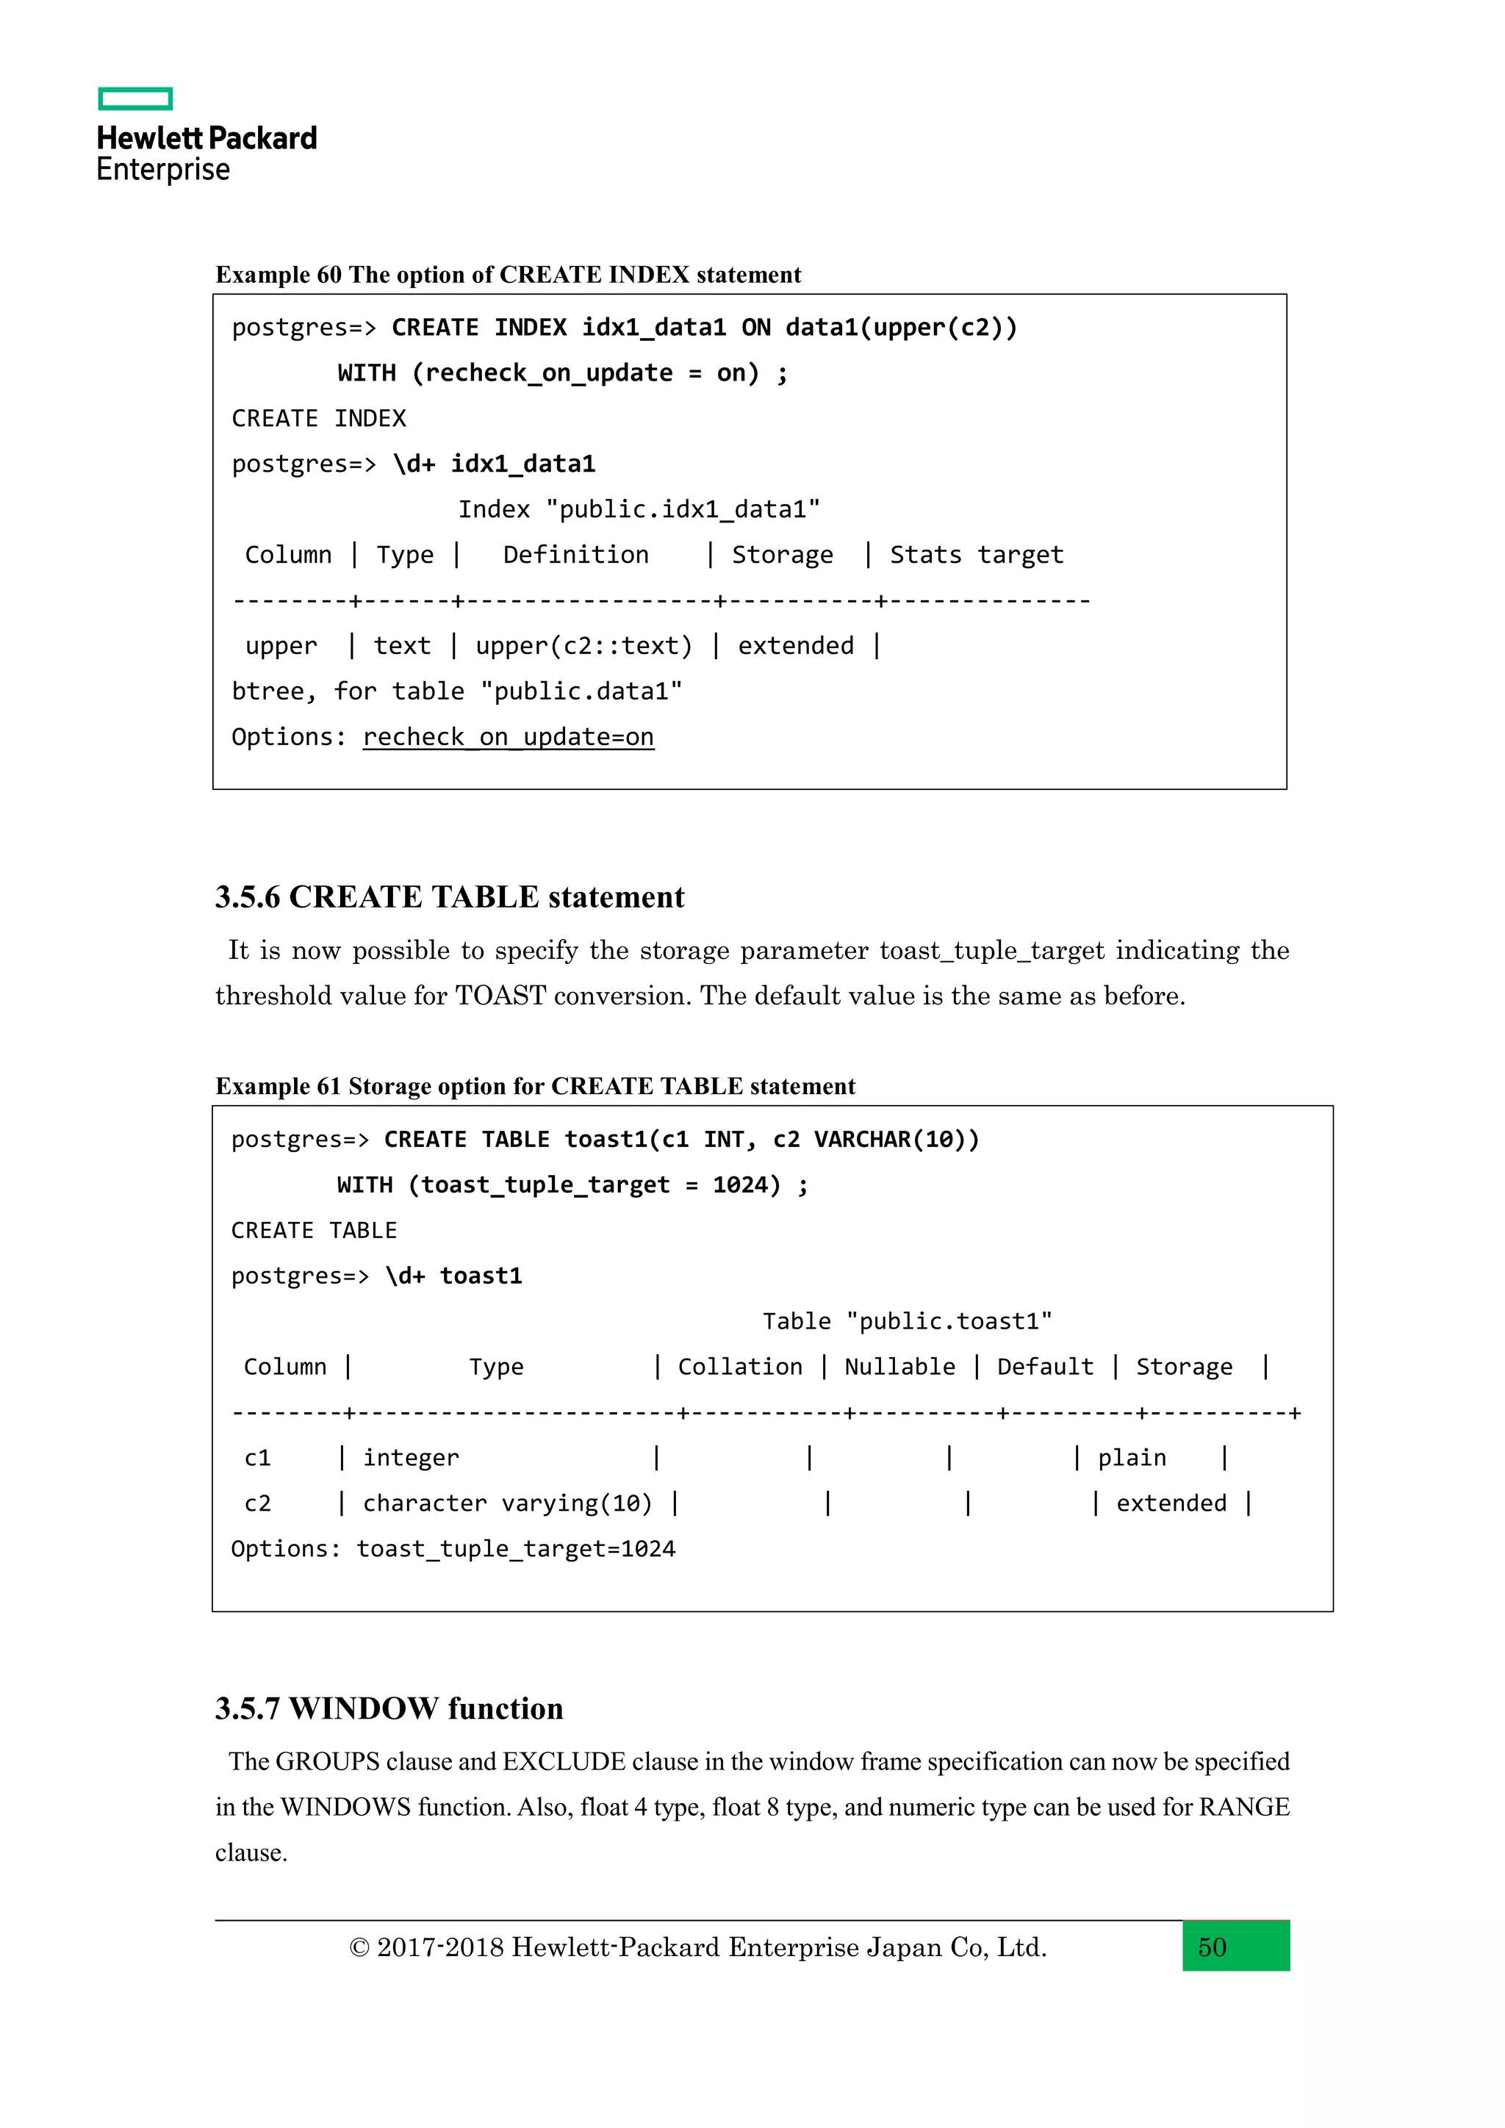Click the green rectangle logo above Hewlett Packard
click(135, 98)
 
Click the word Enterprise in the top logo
click(163, 170)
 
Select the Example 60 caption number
click(329, 276)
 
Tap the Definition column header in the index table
click(575, 556)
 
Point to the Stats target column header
click(976, 556)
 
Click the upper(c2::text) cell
click(583, 646)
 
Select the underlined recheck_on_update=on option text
click(508, 738)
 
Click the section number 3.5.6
click(248, 897)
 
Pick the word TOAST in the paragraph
click(500, 996)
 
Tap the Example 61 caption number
click(329, 1086)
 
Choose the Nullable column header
click(899, 1367)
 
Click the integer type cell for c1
click(411, 1458)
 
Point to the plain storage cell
click(1132, 1458)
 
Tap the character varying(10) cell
click(507, 1503)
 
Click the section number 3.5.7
click(248, 1709)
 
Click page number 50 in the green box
click(1212, 1947)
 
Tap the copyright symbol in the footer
click(359, 1948)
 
